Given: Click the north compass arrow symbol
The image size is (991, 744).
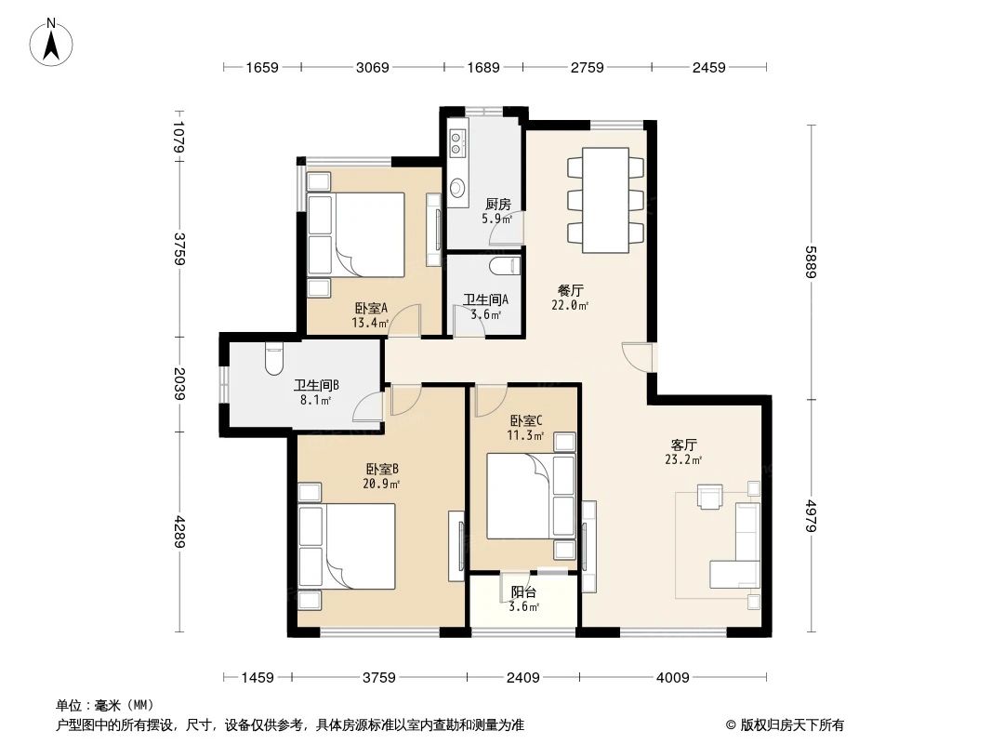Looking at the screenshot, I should click(x=52, y=43).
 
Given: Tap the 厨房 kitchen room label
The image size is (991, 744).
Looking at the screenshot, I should click(x=497, y=205).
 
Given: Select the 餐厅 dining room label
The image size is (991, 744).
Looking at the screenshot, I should click(x=571, y=289).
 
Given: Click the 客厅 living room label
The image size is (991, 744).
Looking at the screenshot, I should click(x=683, y=445).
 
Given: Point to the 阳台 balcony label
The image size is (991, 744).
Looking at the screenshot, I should click(x=523, y=592).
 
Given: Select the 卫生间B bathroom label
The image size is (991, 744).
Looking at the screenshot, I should click(x=316, y=385).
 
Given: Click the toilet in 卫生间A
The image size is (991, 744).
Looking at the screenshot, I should click(x=504, y=268).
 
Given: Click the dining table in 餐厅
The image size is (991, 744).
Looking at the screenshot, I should click(x=604, y=199).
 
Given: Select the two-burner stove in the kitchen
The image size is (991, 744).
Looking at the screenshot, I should click(x=457, y=142).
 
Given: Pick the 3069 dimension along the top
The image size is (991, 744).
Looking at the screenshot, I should click(x=371, y=67).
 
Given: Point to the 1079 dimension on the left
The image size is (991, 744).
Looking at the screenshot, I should click(x=178, y=137).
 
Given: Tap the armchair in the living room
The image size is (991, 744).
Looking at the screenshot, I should click(x=709, y=498).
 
